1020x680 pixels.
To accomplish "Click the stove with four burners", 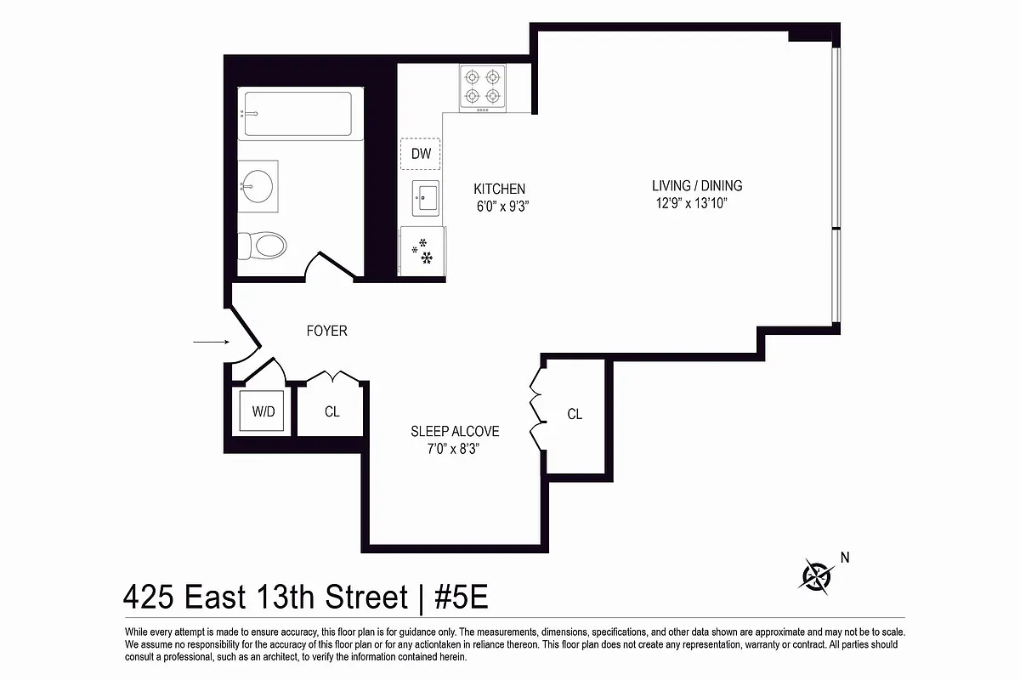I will [x=482, y=88].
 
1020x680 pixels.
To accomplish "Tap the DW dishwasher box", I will [x=421, y=154].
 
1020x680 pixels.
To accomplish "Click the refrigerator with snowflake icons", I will [x=422, y=252].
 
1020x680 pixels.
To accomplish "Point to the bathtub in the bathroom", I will [x=297, y=114].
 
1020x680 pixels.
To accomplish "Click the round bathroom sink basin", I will [x=257, y=186].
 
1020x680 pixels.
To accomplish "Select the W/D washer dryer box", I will [x=263, y=411].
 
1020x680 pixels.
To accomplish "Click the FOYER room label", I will [x=326, y=331].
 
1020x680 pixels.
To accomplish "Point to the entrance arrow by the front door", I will [x=212, y=342].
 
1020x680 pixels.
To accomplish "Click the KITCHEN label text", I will [x=499, y=189].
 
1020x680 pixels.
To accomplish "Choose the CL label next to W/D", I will [x=331, y=411].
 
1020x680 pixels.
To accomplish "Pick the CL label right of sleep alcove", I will [x=575, y=414].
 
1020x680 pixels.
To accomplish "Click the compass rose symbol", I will [x=816, y=575].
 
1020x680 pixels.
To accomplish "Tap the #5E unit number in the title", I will [x=461, y=598].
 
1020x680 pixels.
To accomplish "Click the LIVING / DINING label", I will [x=697, y=185].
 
